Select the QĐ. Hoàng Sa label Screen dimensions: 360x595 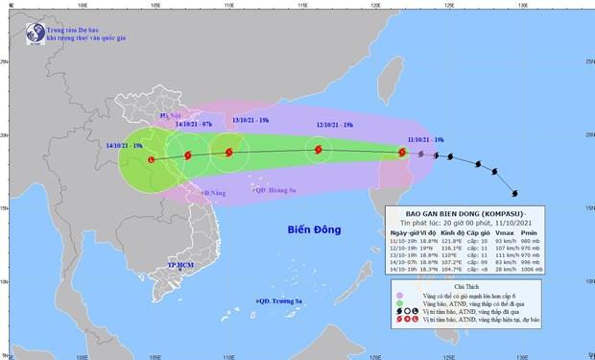275,189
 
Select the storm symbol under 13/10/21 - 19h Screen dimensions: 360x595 228,152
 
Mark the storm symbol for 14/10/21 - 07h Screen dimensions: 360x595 187,154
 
